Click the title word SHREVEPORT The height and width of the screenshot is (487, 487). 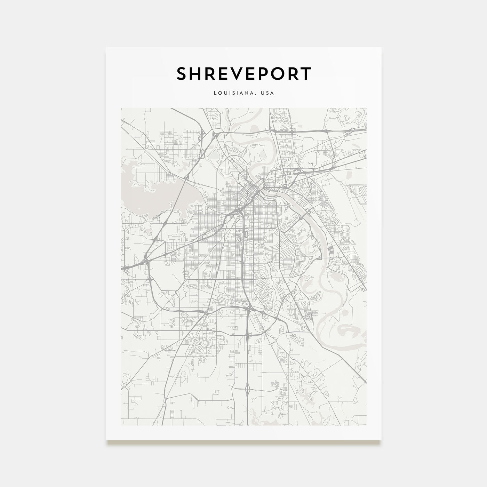[243, 74]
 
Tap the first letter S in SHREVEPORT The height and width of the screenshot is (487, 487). [182, 74]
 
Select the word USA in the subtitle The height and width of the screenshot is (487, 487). [268, 93]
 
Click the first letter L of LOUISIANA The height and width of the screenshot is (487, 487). [216, 93]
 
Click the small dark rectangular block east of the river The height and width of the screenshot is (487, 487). [331, 249]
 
